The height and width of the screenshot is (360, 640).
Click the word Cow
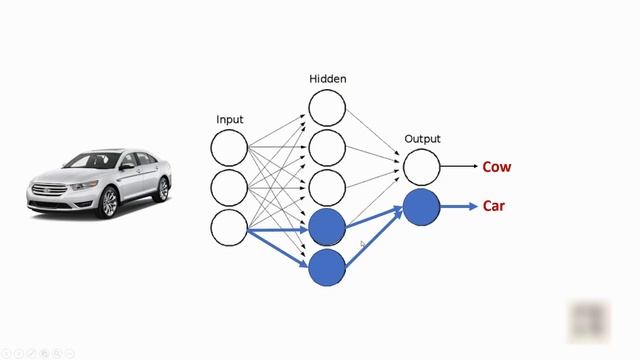[x=497, y=167]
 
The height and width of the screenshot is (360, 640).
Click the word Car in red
[x=494, y=206]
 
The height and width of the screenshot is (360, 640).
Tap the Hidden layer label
[x=327, y=78]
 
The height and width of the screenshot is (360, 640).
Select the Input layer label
[x=229, y=120]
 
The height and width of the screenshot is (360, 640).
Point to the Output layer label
[x=422, y=139]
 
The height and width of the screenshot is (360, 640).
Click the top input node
[x=229, y=148]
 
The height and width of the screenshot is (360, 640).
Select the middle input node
[x=229, y=187]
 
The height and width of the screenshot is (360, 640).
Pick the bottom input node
[x=229, y=227]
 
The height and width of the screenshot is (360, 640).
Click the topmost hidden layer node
[x=327, y=108]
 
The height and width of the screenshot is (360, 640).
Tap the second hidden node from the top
[x=327, y=148]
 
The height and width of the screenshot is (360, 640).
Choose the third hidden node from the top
[x=327, y=187]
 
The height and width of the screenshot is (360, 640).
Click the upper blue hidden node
[x=327, y=228]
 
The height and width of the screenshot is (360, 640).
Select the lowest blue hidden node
[x=327, y=267]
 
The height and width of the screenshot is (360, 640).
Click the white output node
[x=422, y=167]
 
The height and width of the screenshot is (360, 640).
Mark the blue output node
[x=422, y=207]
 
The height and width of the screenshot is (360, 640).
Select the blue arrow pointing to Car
[x=459, y=207]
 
